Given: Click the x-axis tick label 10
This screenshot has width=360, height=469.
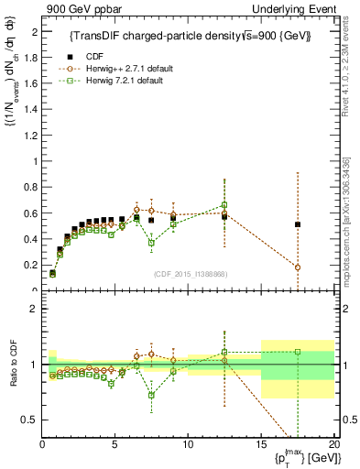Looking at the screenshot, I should [188, 444].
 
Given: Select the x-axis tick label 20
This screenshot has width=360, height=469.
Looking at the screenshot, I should [333, 444].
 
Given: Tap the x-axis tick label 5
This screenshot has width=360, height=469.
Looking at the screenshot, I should [115, 444].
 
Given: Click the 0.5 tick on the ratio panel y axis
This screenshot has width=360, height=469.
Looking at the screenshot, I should [30, 420].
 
